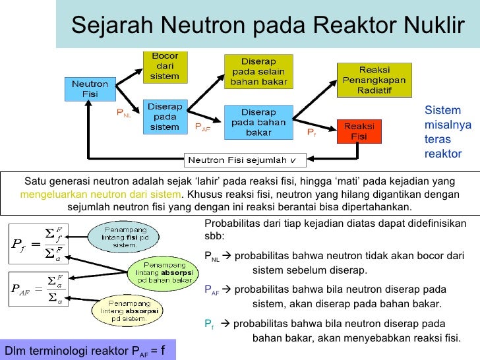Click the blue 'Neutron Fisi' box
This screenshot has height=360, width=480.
[90, 90]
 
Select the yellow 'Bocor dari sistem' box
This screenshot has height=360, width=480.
[165, 67]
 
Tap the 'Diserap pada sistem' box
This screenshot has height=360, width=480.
[165, 117]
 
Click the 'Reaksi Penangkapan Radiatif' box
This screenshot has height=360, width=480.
[374, 80]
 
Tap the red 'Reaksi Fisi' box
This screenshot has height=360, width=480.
[359, 131]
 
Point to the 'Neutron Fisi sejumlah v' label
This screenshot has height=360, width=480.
[243, 160]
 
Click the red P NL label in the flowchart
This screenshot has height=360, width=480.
[124, 113]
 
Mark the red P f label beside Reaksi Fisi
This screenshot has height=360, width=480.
[312, 133]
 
